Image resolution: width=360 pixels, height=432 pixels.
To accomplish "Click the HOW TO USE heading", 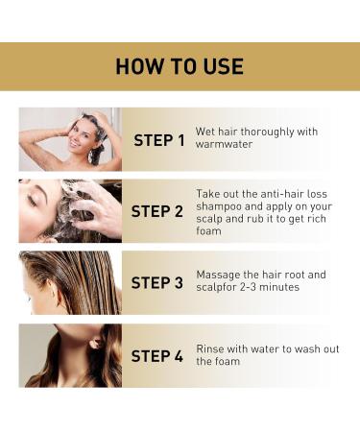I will point(180,66).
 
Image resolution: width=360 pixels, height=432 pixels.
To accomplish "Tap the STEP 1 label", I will point(158,140).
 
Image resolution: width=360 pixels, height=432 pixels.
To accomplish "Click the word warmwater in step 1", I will point(224,147).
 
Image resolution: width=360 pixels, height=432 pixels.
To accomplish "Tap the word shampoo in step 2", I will point(222,205).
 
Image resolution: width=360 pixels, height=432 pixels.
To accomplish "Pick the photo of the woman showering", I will point(70,139).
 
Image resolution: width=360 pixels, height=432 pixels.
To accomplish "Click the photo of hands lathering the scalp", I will point(70,210).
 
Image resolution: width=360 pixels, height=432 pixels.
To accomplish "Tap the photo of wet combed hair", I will point(70,282).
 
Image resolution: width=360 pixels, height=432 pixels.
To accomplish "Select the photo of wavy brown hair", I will point(70,355).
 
